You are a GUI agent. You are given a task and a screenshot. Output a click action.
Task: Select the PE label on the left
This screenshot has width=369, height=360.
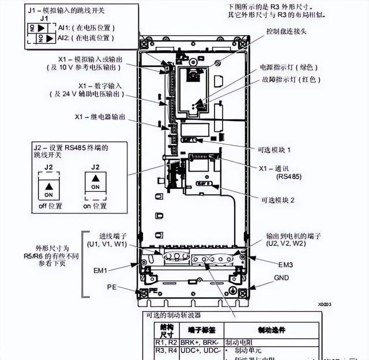[x=111, y=286]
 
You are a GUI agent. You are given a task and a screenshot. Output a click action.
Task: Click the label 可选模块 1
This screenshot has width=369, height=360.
[x=276, y=150]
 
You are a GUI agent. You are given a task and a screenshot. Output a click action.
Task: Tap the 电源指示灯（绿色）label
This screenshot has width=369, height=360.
[x=290, y=67]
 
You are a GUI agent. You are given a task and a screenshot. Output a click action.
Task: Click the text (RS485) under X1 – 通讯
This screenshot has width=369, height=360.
[x=288, y=176]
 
